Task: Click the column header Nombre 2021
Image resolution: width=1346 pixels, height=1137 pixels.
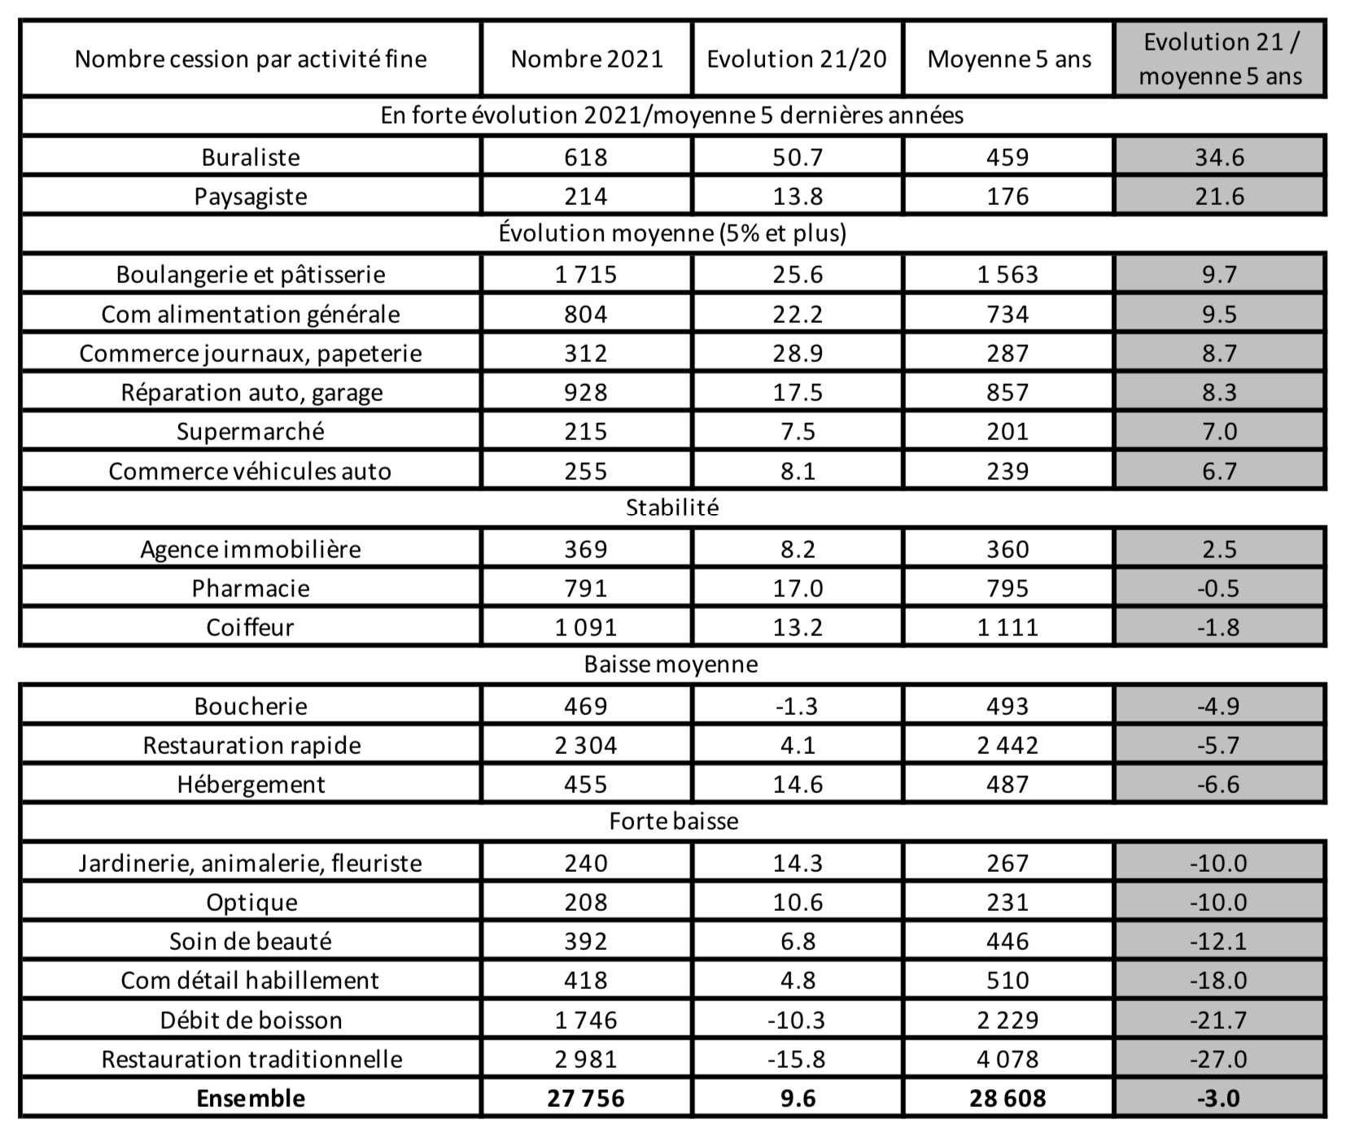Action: pyautogui.click(x=586, y=59)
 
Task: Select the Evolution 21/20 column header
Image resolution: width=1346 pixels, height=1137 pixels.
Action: pyautogui.click(x=797, y=59)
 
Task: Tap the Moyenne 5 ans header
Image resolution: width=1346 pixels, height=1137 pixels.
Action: pyautogui.click(x=1008, y=59)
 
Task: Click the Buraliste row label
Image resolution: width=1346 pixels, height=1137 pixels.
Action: pyautogui.click(x=251, y=157)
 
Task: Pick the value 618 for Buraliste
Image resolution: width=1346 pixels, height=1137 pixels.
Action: pyautogui.click(x=586, y=157)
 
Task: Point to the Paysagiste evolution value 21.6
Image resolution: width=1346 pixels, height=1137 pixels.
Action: pyautogui.click(x=1219, y=196)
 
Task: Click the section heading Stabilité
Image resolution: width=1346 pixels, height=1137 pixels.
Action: pyautogui.click(x=672, y=508)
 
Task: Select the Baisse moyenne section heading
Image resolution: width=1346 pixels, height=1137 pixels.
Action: pyautogui.click(x=671, y=664)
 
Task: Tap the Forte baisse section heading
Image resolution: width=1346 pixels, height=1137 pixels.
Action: pyautogui.click(x=673, y=821)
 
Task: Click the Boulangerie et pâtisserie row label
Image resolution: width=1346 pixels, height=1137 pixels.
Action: pyautogui.click(x=251, y=274)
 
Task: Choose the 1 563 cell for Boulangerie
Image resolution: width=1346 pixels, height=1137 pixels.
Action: pyautogui.click(x=1007, y=274)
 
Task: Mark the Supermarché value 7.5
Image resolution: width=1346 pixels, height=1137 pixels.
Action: pyautogui.click(x=798, y=431)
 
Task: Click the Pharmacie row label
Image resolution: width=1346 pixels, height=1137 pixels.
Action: pyautogui.click(x=251, y=588)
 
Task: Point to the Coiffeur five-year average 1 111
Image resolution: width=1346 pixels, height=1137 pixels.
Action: pyautogui.click(x=1007, y=627)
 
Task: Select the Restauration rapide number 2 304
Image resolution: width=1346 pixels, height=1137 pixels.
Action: pyautogui.click(x=586, y=745)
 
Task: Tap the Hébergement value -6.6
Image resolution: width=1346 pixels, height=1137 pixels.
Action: pyautogui.click(x=1218, y=784)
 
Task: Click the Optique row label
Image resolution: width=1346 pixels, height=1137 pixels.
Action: pyautogui.click(x=251, y=902)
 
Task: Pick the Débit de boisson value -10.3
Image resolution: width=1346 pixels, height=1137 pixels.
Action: pyautogui.click(x=797, y=1020)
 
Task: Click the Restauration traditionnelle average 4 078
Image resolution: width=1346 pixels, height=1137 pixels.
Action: pyautogui.click(x=1007, y=1059)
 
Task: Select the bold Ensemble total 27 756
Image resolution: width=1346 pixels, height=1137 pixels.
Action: pyautogui.click(x=586, y=1098)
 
